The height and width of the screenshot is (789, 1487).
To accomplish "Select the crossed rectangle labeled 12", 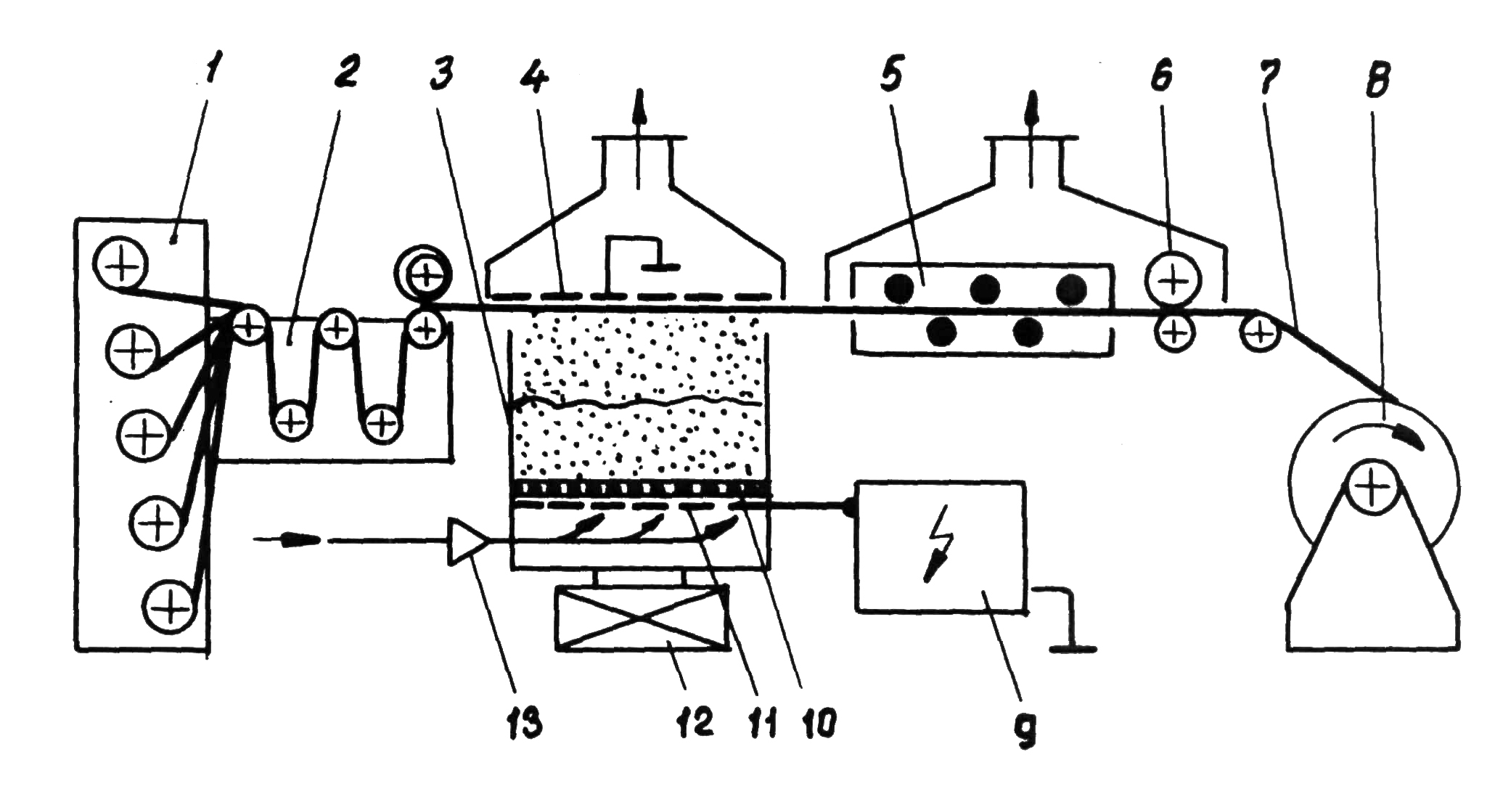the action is pos(640,618).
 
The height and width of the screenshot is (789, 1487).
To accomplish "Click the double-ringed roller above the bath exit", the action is pos(424,274).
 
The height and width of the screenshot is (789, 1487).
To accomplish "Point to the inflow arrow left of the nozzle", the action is pos(298,541).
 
